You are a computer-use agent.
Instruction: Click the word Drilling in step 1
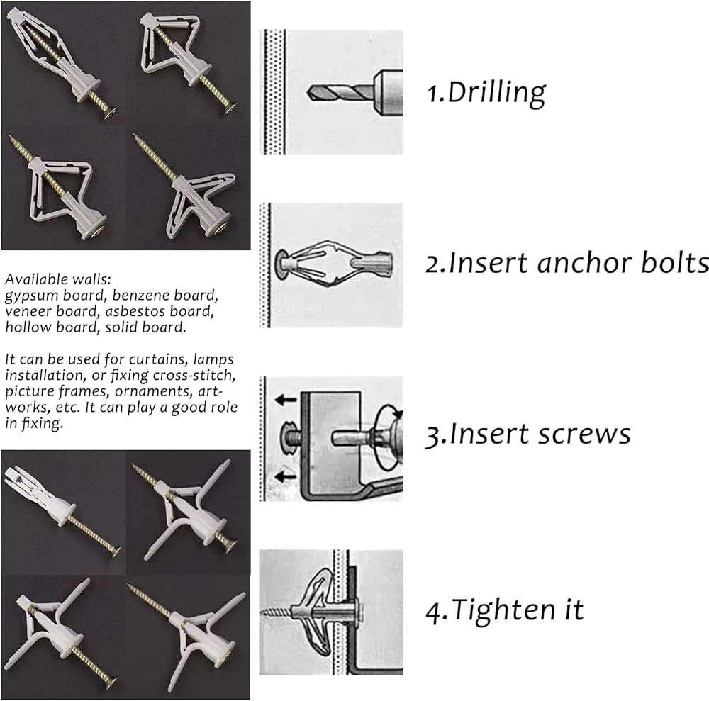tap(498, 92)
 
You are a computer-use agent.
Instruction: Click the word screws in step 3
tap(589, 433)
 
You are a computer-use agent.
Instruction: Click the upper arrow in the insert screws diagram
tap(286, 400)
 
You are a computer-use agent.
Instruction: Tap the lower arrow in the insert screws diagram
tap(286, 476)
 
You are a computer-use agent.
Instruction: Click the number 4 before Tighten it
tap(432, 610)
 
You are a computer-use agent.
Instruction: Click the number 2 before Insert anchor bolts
tap(432, 264)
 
